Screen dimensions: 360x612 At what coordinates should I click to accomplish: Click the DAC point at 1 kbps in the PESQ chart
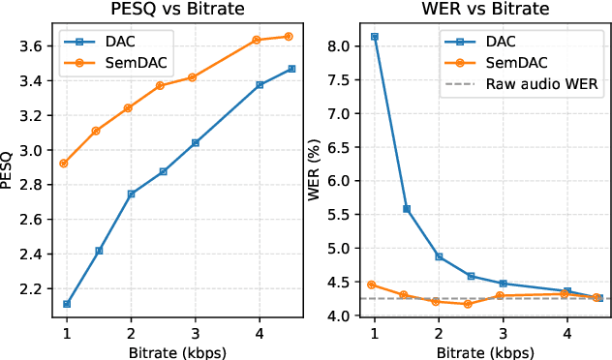pos(67,304)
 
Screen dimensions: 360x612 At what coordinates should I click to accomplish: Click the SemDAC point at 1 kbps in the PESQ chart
pos(64,164)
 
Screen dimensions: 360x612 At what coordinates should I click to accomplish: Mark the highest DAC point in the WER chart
pos(375,37)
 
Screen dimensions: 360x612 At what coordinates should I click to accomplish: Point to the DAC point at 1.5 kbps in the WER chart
pos(406,209)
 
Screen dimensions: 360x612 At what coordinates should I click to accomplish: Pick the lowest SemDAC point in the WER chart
pos(468,304)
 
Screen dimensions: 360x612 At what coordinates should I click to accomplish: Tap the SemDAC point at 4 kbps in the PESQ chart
pos(257,40)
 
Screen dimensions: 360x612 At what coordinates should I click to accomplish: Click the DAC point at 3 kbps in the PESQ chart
pos(195,142)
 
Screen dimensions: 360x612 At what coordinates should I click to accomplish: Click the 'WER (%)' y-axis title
pos(314,174)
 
